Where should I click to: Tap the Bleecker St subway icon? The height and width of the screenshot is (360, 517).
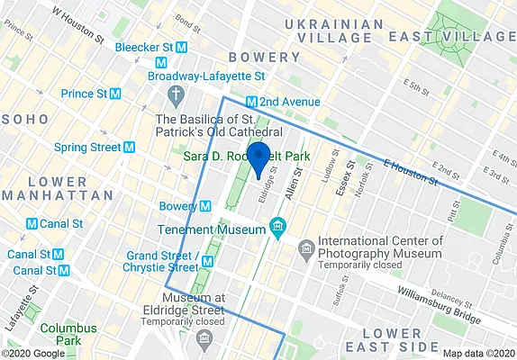(x=181, y=46)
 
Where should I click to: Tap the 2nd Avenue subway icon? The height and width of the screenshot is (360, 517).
(x=252, y=102)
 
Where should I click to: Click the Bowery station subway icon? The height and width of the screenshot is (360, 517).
(x=204, y=206)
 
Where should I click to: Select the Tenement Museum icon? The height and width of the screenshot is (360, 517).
(x=278, y=226)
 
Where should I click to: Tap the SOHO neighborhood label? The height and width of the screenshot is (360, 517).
(x=20, y=119)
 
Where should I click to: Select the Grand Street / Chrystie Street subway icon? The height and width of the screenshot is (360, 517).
(x=207, y=261)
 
